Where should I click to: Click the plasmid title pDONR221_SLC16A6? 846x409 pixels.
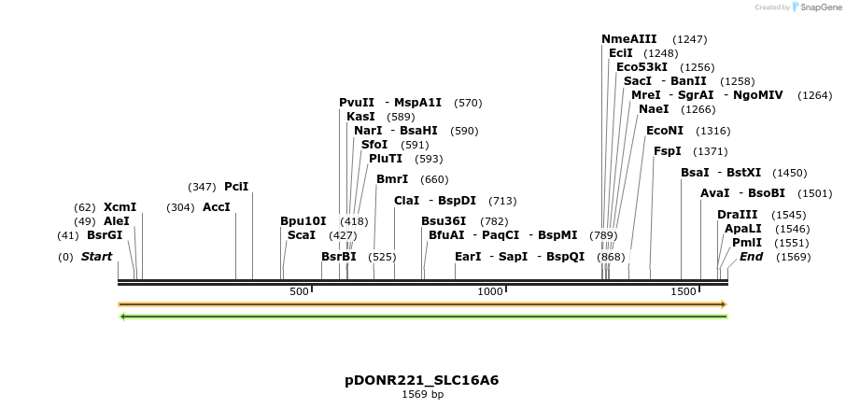(x=422, y=380)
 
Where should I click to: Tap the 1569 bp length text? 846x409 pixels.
(x=422, y=395)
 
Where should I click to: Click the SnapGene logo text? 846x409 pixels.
(x=818, y=7)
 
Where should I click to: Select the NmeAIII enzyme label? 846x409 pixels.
(x=628, y=39)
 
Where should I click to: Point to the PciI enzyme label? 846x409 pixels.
(x=236, y=187)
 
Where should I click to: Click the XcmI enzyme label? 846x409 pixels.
(x=120, y=207)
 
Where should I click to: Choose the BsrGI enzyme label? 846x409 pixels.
(x=105, y=235)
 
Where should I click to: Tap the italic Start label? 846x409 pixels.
(x=96, y=257)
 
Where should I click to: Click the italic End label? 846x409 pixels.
(x=751, y=257)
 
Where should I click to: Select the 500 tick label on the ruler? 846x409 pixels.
(x=299, y=292)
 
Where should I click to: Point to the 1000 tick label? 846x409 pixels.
(x=490, y=292)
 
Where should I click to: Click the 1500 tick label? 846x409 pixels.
(x=684, y=292)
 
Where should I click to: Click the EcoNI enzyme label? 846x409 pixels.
(x=664, y=131)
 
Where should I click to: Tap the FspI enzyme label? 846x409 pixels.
(x=667, y=151)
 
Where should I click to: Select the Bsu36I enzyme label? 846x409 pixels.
(x=443, y=221)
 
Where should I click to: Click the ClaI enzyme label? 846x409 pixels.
(x=406, y=201)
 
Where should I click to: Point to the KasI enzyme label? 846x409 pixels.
(x=360, y=117)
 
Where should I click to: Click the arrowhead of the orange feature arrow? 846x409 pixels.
(x=723, y=304)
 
